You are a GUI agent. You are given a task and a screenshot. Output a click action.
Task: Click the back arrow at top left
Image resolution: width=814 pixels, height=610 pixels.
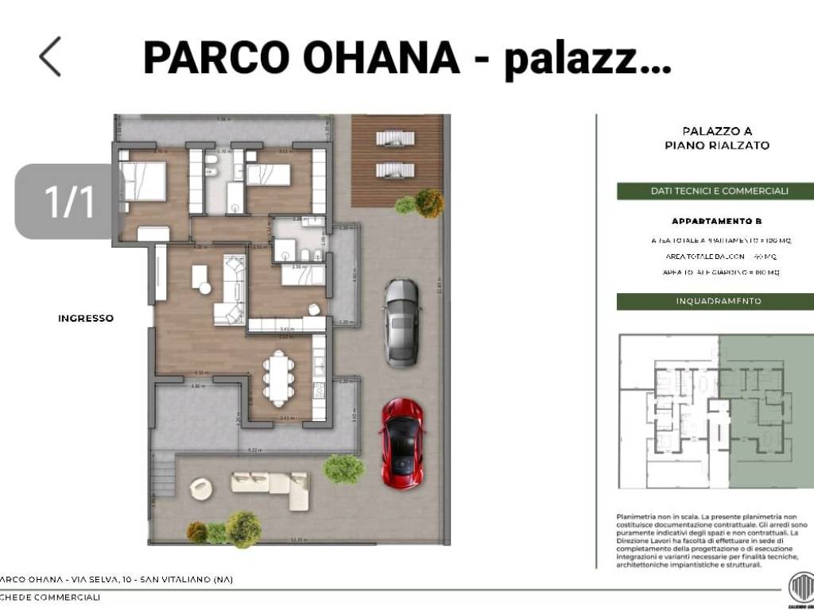click(x=50, y=56)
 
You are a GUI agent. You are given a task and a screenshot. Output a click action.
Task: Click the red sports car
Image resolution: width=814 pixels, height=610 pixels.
click(x=402, y=443)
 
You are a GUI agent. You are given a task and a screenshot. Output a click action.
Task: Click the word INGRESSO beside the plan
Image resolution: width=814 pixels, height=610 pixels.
click(x=86, y=319)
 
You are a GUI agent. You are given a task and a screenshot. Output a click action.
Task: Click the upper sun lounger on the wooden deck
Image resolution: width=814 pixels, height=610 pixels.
click(x=394, y=138)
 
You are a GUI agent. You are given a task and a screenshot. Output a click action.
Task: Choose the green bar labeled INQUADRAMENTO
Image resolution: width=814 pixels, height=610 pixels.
click(x=715, y=301)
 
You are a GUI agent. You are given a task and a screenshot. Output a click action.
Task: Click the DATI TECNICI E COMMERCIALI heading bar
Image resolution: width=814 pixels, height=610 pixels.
click(x=715, y=191)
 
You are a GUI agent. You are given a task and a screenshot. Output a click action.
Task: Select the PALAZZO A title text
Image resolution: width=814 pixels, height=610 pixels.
click(x=717, y=130)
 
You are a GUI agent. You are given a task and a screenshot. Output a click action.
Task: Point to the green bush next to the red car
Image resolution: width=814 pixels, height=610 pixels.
click(x=343, y=469)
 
